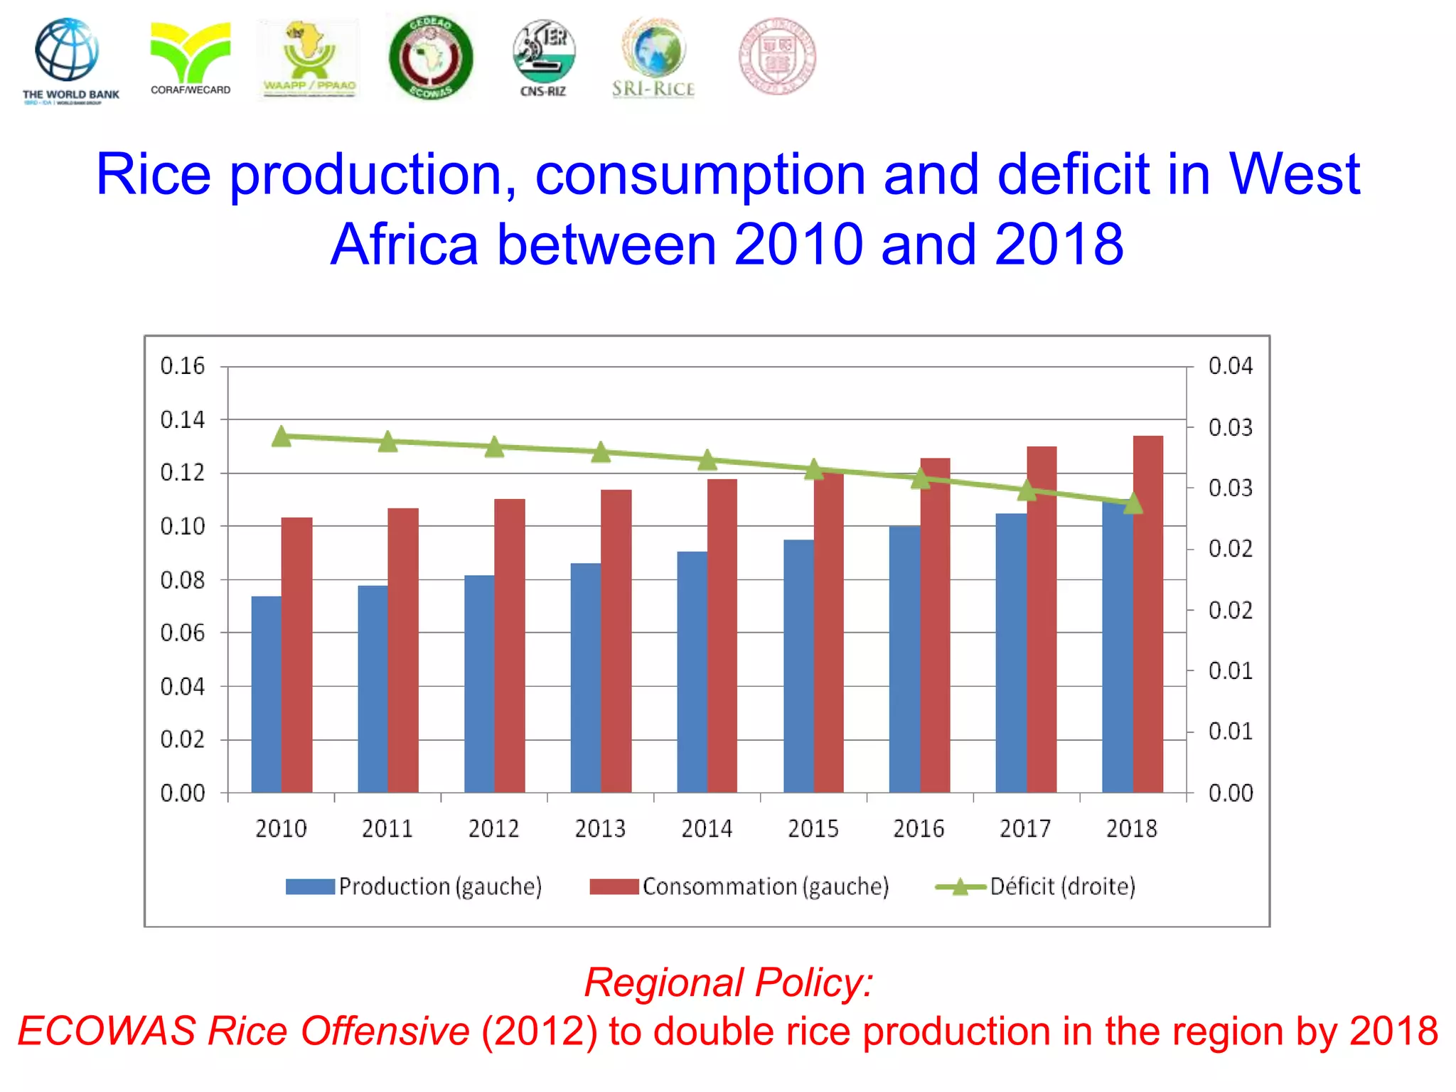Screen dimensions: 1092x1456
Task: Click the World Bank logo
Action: (x=69, y=60)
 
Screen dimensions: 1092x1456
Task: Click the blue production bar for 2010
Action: (x=266, y=694)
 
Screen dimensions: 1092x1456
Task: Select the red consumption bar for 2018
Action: (x=1147, y=614)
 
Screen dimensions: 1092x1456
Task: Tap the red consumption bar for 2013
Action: (x=616, y=641)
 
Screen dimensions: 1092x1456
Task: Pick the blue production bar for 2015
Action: (x=798, y=666)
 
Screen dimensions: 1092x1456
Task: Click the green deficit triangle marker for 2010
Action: (x=282, y=437)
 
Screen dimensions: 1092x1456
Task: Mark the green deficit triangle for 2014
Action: (x=707, y=460)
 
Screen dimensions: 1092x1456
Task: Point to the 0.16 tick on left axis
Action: (x=182, y=366)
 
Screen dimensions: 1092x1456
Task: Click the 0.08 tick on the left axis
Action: (x=182, y=580)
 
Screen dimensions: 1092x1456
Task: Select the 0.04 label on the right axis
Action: (x=1230, y=366)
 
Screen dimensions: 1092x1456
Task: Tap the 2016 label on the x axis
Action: (x=919, y=829)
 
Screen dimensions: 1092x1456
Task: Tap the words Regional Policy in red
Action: (x=728, y=983)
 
